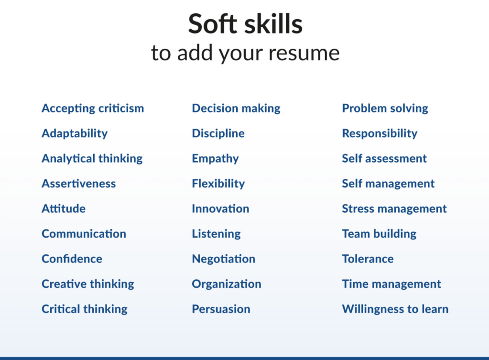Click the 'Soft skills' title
coord(245,23)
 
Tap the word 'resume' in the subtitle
coord(304,53)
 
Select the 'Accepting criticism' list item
coord(93,109)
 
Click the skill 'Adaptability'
coord(75,133)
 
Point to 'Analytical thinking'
coord(92,159)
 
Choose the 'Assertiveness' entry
coord(79,184)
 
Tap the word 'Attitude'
coord(64,208)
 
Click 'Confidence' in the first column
coord(72,259)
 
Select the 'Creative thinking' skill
coord(88,284)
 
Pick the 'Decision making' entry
coord(236,109)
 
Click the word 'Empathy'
coord(215,159)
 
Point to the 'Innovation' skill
coord(220,208)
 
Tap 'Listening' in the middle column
coord(216,234)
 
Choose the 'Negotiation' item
coord(224,259)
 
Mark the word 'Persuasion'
coord(221,309)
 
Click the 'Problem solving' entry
coord(385,109)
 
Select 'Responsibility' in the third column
coord(380,133)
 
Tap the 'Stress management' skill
coord(394,208)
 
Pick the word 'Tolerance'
coord(368,259)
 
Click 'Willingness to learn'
coord(395,309)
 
